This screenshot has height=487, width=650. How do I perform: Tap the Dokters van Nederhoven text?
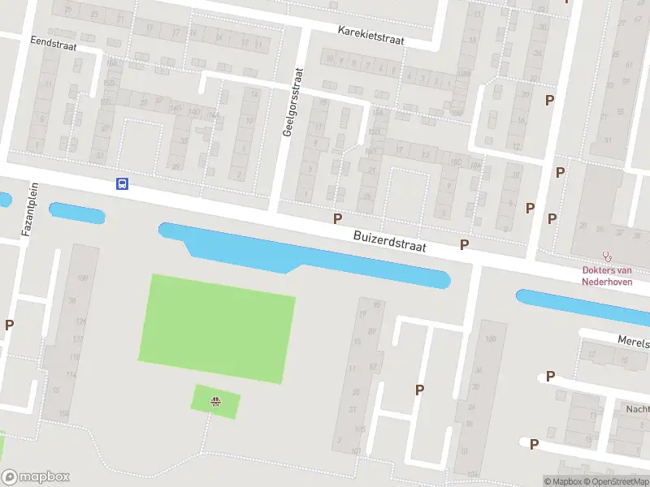pyautogui.click(x=607, y=276)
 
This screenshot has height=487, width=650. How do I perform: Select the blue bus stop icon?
pyautogui.click(x=122, y=184)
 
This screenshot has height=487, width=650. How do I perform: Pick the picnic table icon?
pyautogui.click(x=215, y=400)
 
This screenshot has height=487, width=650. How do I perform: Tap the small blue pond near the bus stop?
pyautogui.click(x=77, y=213)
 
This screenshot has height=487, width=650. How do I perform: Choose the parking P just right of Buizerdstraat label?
pyautogui.click(x=465, y=244)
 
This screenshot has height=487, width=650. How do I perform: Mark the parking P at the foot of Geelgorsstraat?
pyautogui.click(x=337, y=218)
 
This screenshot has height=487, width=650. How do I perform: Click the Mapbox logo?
pyautogui.click(x=36, y=477)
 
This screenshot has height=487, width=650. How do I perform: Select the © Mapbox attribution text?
pyautogui.click(x=562, y=481)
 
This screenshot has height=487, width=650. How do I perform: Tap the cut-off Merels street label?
pyautogui.click(x=633, y=343)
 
